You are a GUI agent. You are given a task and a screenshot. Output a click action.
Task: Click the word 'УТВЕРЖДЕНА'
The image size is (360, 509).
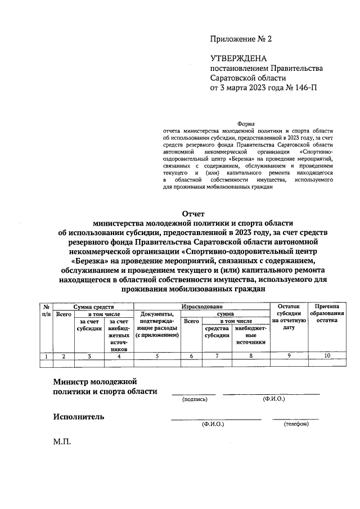[235, 58]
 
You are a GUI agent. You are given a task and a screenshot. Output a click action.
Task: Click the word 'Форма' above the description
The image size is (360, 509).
[246, 123]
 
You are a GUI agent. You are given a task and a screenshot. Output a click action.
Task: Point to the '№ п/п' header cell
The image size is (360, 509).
[46, 309]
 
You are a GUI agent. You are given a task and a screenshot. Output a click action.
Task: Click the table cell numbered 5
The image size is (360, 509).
[157, 356]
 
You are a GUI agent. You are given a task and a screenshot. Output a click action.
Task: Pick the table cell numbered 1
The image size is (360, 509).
[46, 356]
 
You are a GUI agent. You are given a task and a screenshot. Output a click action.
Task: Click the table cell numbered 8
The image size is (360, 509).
[251, 356]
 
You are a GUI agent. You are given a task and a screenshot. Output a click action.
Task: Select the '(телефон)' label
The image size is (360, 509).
[296, 424]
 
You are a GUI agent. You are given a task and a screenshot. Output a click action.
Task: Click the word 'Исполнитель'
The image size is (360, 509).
[79, 417]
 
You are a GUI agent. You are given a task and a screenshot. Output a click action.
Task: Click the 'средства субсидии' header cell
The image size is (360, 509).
[217, 331]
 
